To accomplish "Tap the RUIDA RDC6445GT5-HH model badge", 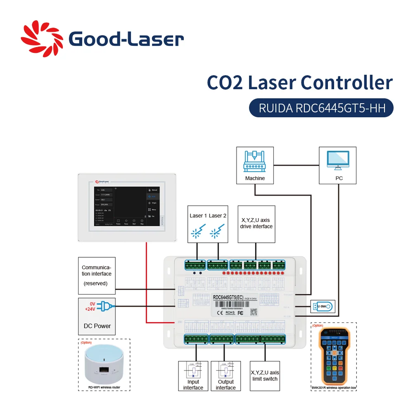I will pos(321,108).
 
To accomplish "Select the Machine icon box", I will pos(254,165).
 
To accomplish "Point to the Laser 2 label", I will pos(218,216).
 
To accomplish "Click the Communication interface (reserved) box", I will pos(97,275).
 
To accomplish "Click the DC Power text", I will pos(97,326).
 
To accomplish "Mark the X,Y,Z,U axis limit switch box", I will pos(265,376).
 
